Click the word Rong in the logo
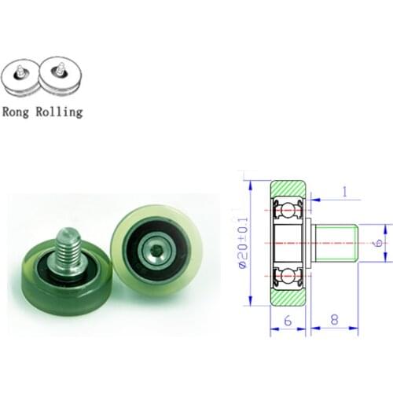click(19, 112)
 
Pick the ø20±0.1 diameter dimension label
click(242, 244)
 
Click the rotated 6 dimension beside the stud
click(379, 244)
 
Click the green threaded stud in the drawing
click(336, 243)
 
